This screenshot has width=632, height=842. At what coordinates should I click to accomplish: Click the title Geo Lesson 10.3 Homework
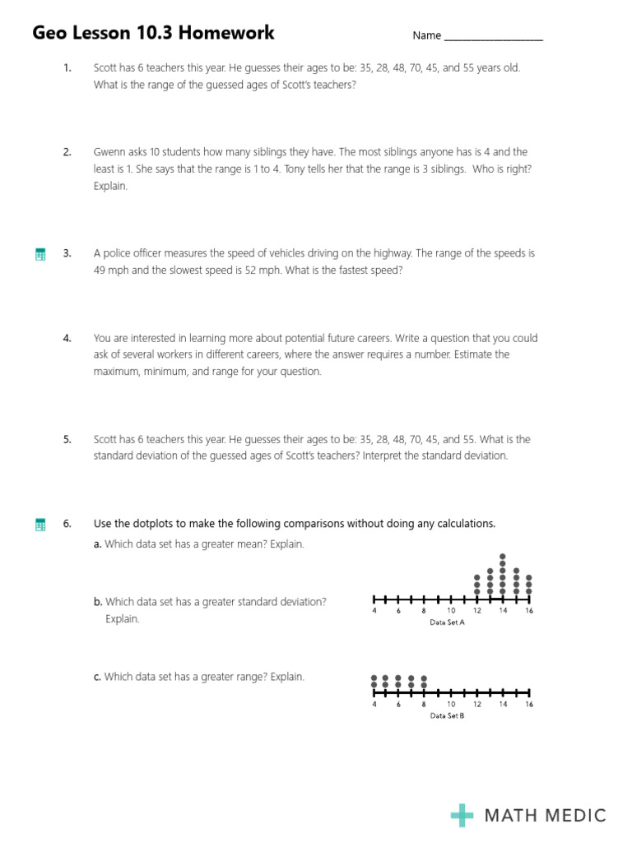pos(154,34)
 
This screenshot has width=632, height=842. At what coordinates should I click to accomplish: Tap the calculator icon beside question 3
pos(40,254)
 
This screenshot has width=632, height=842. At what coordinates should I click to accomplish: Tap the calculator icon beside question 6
pos(40,525)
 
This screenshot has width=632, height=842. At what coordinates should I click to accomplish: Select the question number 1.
pos(67,68)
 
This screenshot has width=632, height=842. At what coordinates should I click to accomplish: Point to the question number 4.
pos(67,338)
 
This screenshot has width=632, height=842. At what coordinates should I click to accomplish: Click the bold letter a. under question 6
pos(98,544)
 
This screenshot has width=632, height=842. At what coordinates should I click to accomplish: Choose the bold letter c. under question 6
pos(97,677)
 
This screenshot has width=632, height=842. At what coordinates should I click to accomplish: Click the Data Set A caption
pos(448,622)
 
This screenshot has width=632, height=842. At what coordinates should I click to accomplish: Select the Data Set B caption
pos(448,715)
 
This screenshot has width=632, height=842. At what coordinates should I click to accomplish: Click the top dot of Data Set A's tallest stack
pos(503,557)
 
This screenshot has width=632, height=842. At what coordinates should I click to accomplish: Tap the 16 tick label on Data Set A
pos(528,611)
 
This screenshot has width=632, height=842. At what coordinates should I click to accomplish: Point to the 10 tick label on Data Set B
pos(451,704)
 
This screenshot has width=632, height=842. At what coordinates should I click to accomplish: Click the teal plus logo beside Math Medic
pos(462,815)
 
